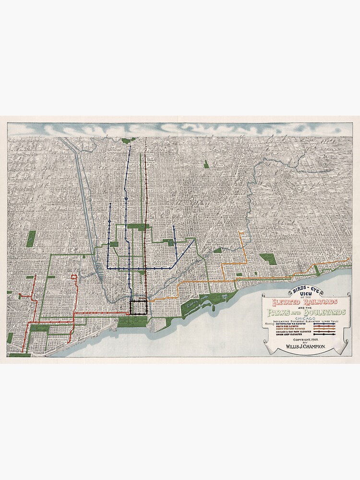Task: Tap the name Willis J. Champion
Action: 306,346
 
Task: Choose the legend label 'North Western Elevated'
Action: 290,330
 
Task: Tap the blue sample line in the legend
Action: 324,324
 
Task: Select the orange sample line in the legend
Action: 324,330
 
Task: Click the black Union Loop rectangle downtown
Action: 138,307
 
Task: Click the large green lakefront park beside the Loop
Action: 132,321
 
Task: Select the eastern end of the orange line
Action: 349,260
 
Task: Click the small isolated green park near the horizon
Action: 206,164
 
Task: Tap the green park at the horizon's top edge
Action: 128,140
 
